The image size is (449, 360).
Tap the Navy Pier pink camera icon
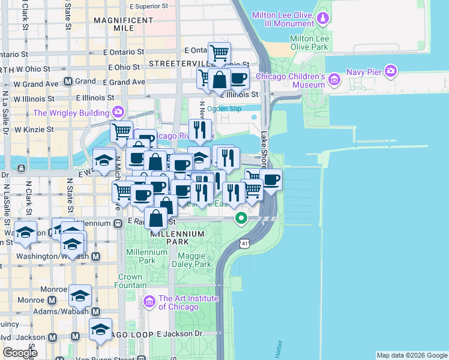point(391,72)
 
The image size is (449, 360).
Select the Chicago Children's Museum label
point(291,80)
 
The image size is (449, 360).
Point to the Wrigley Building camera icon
point(118,112)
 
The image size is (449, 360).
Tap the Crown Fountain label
point(130,281)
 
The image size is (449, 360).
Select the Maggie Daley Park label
point(191,260)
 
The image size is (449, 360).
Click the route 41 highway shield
point(243,243)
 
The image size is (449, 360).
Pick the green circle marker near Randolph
point(241,218)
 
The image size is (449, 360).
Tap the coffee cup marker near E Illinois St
point(238,78)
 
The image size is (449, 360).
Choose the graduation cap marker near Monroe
point(80,296)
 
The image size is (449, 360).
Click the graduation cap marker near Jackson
point(100,329)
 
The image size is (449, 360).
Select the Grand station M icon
point(68,81)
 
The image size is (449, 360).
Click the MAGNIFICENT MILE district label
point(123,24)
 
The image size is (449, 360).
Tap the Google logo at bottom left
point(20,353)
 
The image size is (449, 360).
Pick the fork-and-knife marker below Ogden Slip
point(200,130)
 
